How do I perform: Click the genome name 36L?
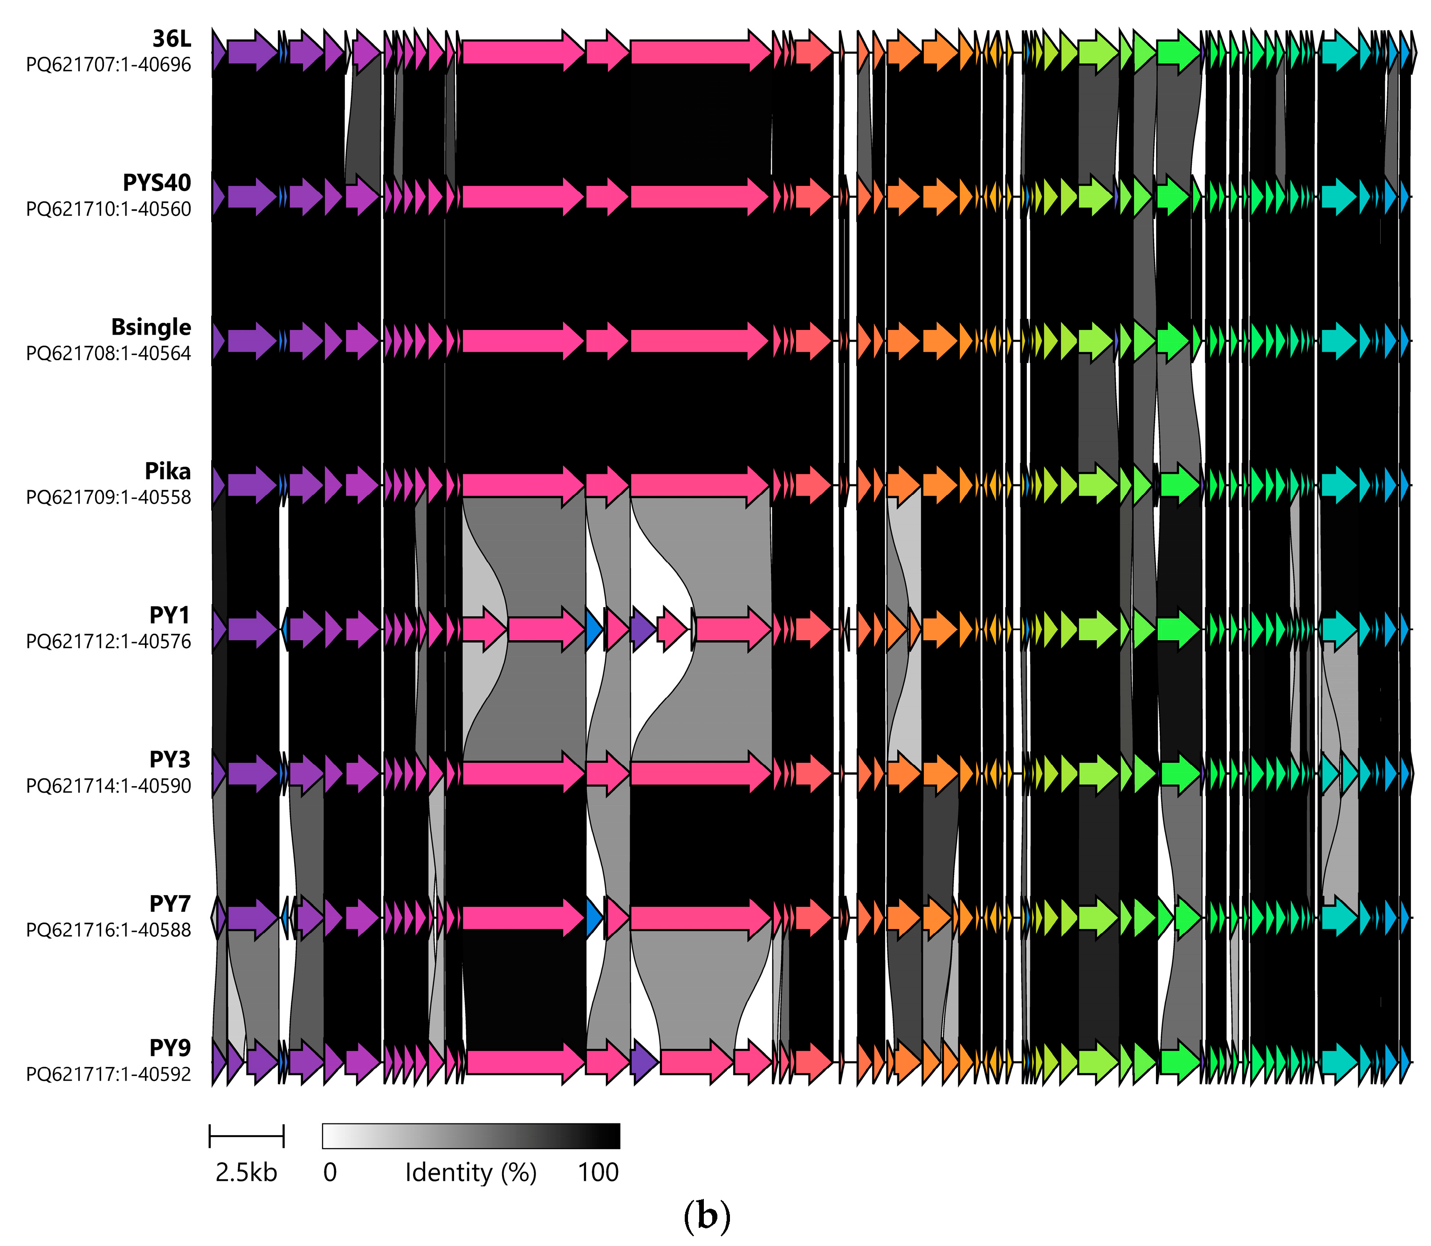tap(171, 39)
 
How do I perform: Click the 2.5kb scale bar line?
tap(246, 1136)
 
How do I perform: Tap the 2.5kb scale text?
tap(246, 1173)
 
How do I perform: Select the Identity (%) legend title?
tap(471, 1173)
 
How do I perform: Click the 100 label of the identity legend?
tap(598, 1173)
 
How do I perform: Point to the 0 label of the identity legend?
tap(330, 1173)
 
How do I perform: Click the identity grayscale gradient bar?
tap(471, 1136)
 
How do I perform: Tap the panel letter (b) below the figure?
tap(707, 1216)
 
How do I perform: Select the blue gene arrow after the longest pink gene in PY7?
tap(593, 918)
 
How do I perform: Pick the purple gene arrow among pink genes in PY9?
tap(644, 1062)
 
